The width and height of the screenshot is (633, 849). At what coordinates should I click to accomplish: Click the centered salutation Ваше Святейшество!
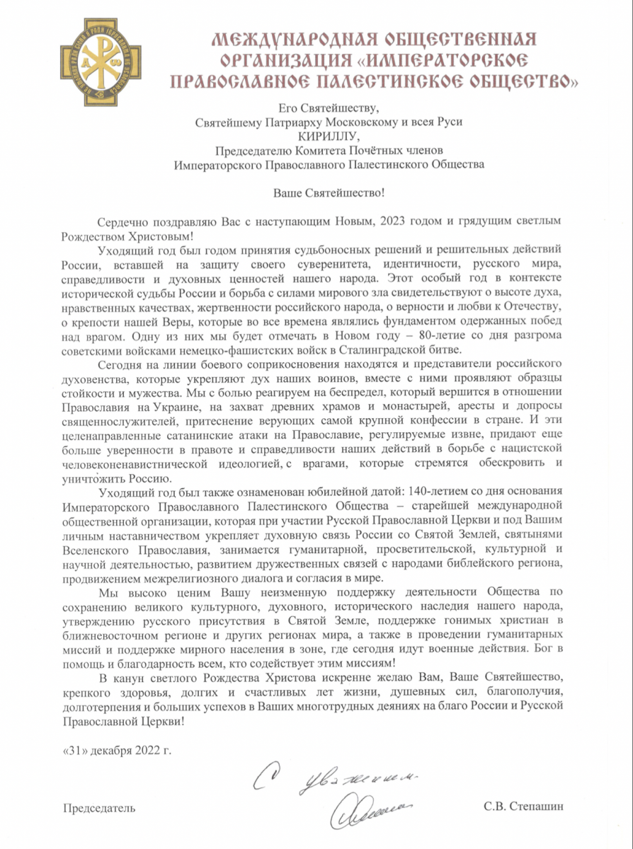point(329,192)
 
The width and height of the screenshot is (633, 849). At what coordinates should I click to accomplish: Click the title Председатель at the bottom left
point(99,807)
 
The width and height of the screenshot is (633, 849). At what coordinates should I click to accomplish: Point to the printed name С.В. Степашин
point(524,807)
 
